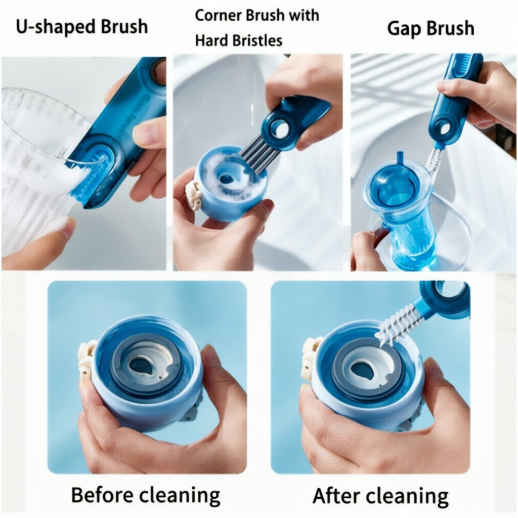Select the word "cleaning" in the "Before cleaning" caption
(180, 496)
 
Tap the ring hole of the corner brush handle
(279, 127)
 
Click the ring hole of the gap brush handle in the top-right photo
(444, 129)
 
